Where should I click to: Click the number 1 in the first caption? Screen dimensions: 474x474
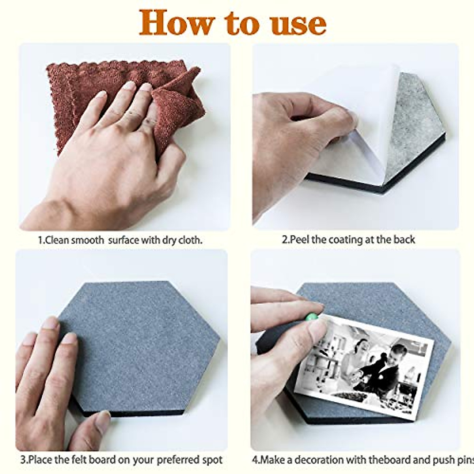tap(40, 240)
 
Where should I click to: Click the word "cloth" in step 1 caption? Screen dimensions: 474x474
tap(193, 240)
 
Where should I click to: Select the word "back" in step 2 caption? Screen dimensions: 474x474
tap(404, 240)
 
